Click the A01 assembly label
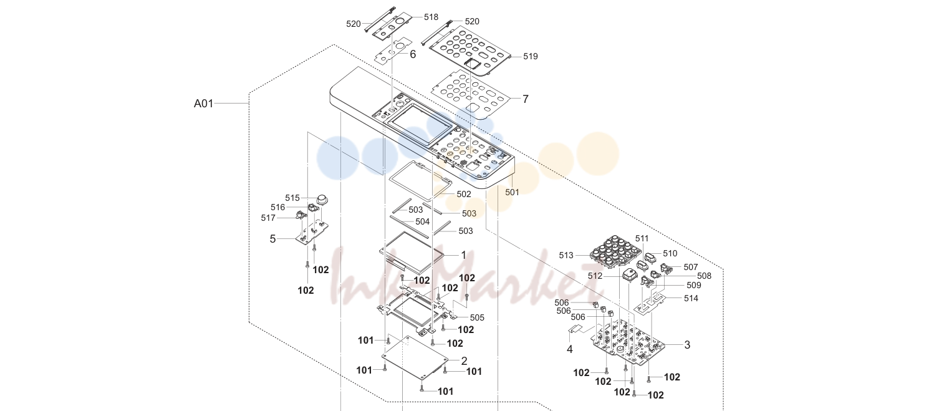tap(203, 103)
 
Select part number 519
tap(530, 56)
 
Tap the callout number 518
tap(431, 17)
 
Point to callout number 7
tap(525, 99)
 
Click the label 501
tap(512, 192)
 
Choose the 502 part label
tap(464, 194)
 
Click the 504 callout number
tap(423, 221)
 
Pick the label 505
tap(477, 318)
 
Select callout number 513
tap(566, 256)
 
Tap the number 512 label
tap(595, 276)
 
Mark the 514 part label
tap(691, 298)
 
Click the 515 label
tap(292, 198)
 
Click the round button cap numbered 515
tap(322, 200)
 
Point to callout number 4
tap(570, 349)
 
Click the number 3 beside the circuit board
tap(687, 345)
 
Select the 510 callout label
tap(670, 253)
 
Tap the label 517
tap(268, 218)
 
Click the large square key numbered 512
tap(630, 276)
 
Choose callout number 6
tap(413, 54)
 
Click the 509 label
tap(694, 285)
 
